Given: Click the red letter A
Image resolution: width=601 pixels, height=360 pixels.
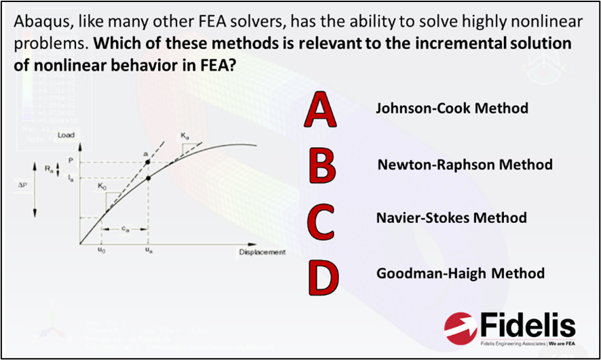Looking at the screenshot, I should tap(320, 111).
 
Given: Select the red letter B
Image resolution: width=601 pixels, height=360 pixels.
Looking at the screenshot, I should tap(321, 165).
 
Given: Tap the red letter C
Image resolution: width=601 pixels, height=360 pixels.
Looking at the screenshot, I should tap(321, 222).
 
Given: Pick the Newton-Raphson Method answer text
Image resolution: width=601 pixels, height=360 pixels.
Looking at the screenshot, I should tap(465, 165).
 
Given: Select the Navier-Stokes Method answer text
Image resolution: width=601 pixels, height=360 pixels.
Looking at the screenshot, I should tap(451, 218).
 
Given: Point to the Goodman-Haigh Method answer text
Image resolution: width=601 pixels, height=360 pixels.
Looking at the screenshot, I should tap(460, 274).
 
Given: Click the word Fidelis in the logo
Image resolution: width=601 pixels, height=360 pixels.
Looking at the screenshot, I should tap(527, 326).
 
